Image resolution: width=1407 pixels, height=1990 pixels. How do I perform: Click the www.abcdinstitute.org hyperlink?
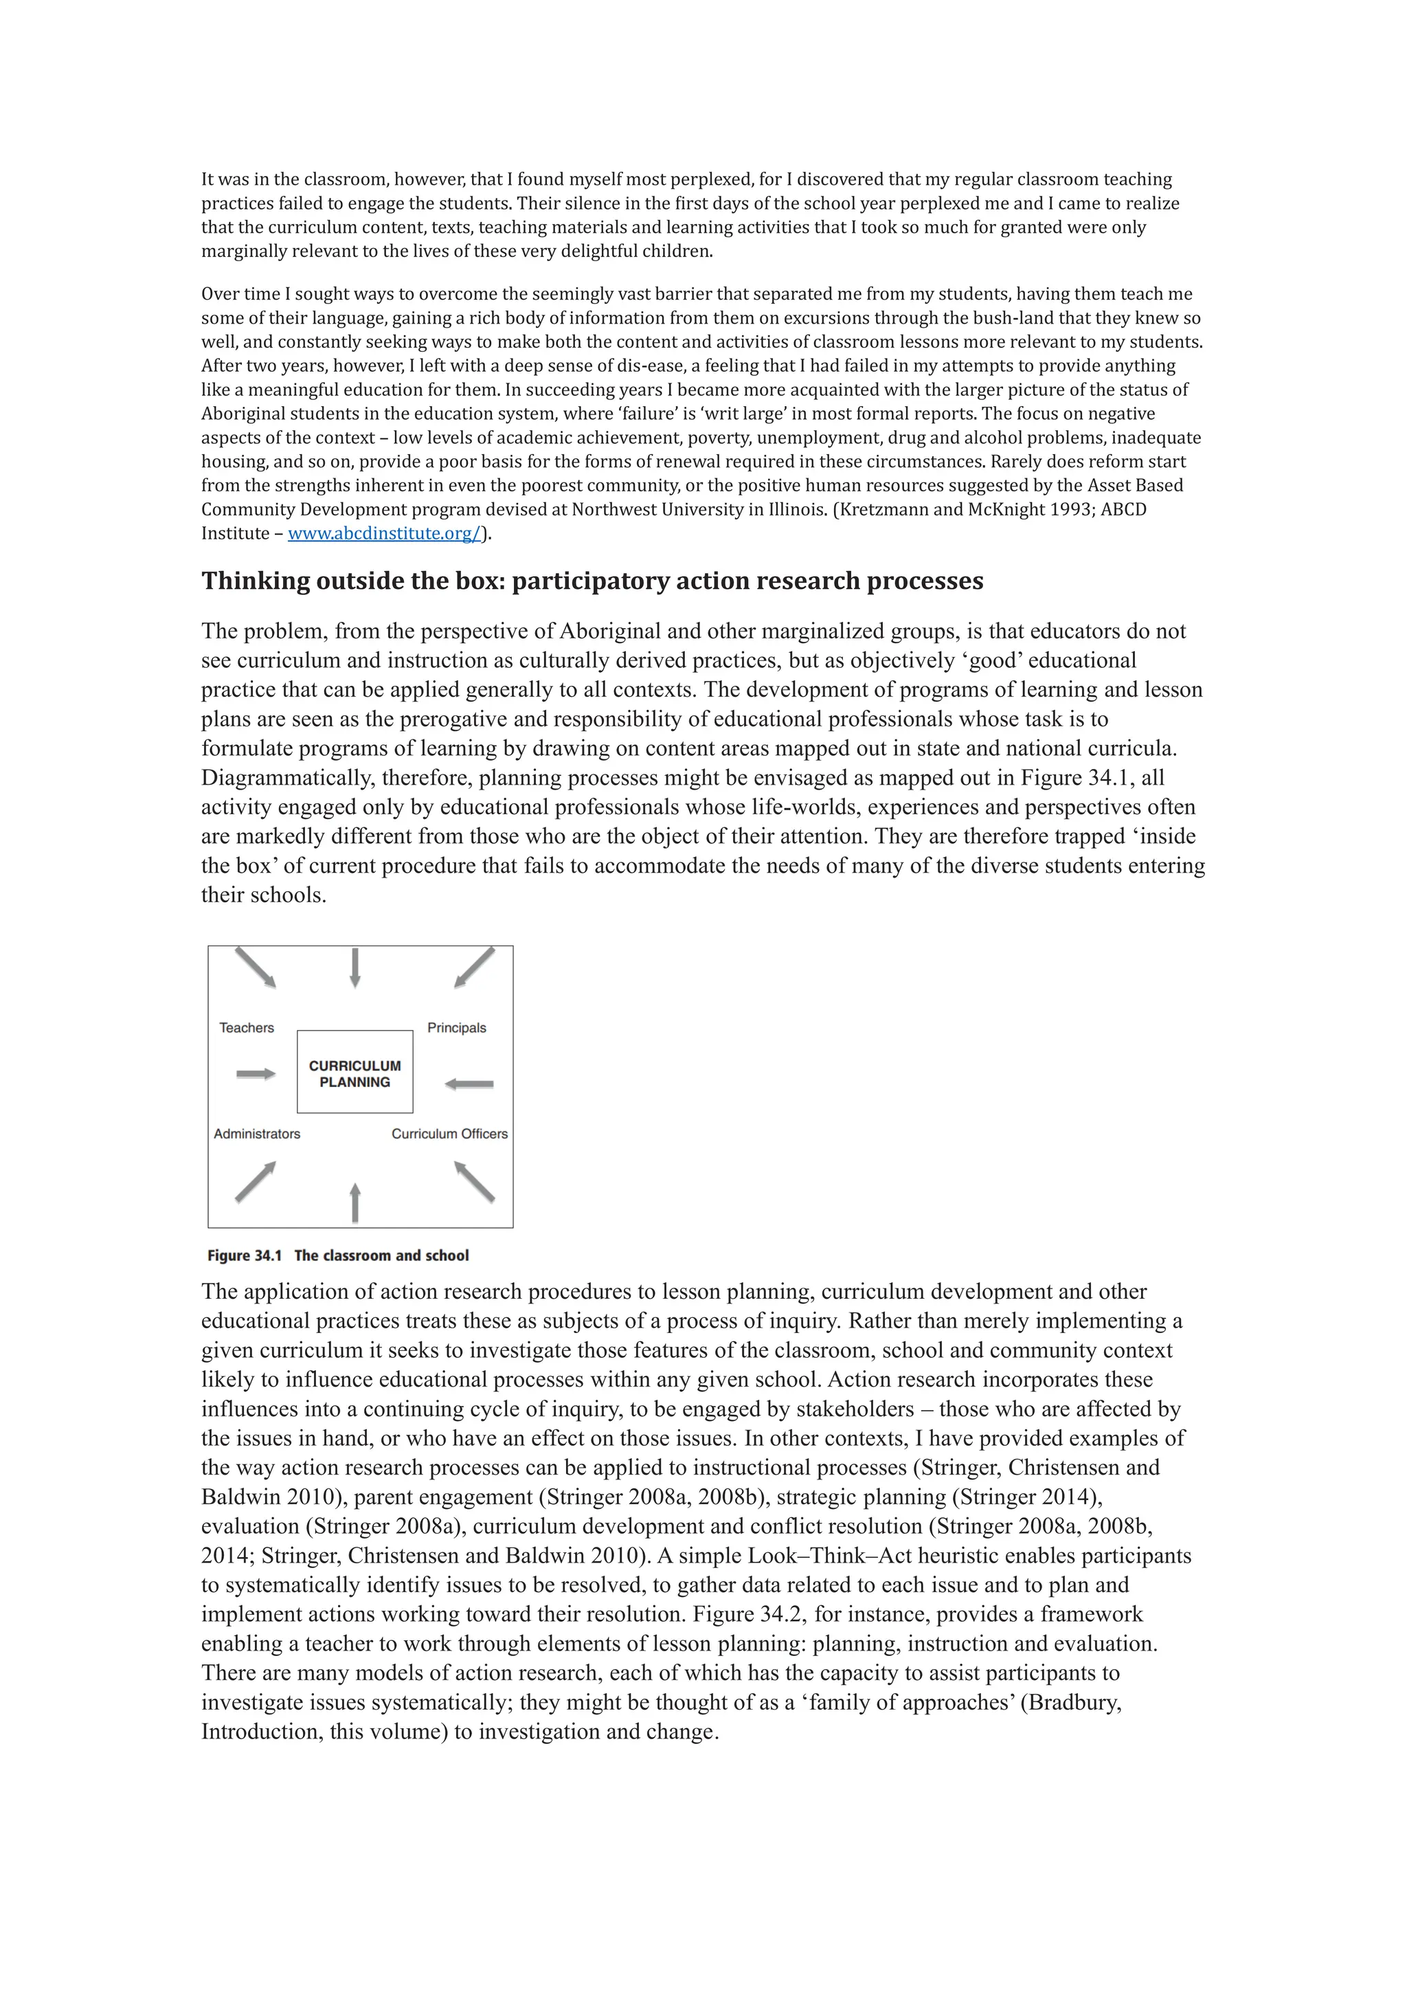click(x=384, y=534)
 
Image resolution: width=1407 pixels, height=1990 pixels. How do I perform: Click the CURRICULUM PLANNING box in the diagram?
click(x=354, y=1073)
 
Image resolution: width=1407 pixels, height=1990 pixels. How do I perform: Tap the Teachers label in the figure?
click(x=246, y=1028)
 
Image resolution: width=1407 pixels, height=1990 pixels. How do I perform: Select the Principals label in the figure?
click(x=457, y=1028)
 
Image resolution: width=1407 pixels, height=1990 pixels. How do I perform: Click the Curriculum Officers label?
click(x=450, y=1134)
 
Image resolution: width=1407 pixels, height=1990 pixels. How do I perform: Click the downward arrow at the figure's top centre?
click(x=354, y=968)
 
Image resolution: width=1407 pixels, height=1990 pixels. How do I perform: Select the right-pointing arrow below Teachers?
click(x=256, y=1074)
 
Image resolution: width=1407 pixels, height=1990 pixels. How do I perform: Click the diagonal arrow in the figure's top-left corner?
click(x=256, y=968)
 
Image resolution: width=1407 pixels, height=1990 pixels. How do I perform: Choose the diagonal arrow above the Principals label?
click(x=475, y=968)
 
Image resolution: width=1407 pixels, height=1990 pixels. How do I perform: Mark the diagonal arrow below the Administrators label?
click(x=256, y=1181)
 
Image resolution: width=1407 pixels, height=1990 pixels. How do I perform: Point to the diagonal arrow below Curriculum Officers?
click(x=475, y=1181)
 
